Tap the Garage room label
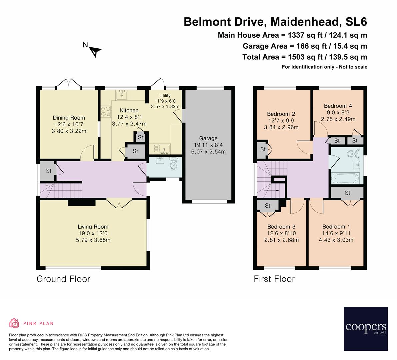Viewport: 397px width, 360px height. click(x=208, y=138)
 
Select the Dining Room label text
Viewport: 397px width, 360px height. click(x=69, y=118)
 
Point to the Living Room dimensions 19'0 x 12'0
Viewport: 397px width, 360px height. click(x=93, y=233)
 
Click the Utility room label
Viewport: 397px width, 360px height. click(x=165, y=96)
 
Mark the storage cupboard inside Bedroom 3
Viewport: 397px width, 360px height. click(x=268, y=206)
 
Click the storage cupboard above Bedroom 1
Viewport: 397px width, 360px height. click(x=347, y=193)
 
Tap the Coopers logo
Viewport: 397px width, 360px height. click(x=366, y=329)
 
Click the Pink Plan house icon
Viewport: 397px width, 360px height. click(x=14, y=323)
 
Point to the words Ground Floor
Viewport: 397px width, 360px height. click(x=63, y=279)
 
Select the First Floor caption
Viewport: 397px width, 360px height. click(x=274, y=279)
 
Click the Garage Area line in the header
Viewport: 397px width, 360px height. click(x=305, y=46)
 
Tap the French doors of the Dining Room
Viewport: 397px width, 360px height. click(x=68, y=84)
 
